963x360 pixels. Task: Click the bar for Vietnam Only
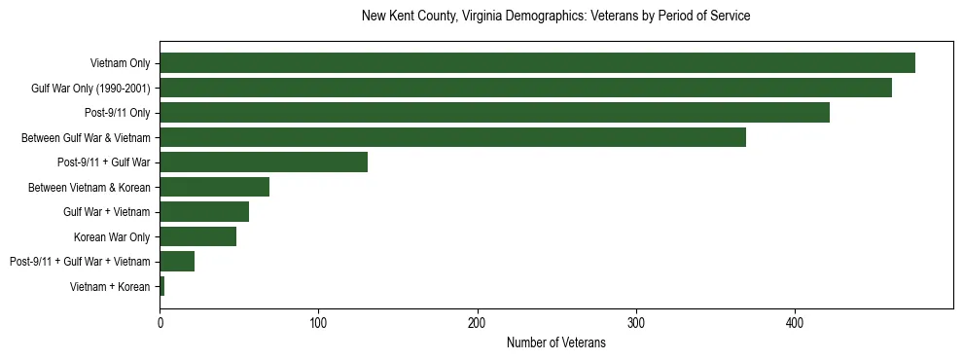[x=537, y=63]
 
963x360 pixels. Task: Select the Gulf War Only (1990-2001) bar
[x=525, y=88]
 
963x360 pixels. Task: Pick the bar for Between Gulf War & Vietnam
[x=452, y=138]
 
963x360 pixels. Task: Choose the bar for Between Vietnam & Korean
[x=214, y=187]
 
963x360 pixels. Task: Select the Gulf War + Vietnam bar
[x=204, y=212]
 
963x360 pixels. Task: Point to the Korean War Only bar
[x=197, y=236]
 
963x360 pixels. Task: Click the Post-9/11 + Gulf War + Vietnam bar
[x=177, y=262]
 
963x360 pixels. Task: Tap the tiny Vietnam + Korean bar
[x=161, y=286]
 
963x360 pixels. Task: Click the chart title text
[x=555, y=17]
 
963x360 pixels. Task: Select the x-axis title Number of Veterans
[x=555, y=343]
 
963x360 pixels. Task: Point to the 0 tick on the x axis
[x=160, y=324]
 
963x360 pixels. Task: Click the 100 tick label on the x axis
[x=318, y=324]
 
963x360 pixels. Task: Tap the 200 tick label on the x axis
[x=477, y=324]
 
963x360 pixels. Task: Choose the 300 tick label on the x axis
[x=636, y=324]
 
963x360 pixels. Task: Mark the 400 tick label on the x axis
[x=795, y=324]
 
